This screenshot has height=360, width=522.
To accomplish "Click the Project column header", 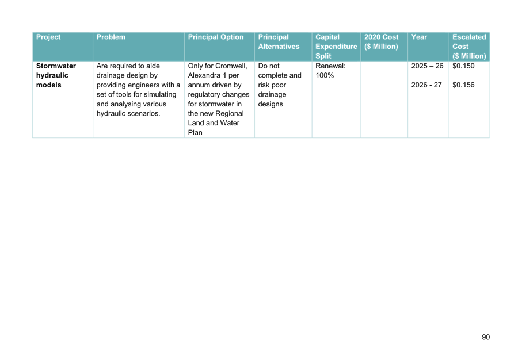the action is click(x=48, y=37).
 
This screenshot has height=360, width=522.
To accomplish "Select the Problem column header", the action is click(x=111, y=37).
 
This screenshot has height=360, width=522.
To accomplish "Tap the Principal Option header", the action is click(x=216, y=37).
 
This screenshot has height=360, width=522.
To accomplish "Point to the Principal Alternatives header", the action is click(x=279, y=41).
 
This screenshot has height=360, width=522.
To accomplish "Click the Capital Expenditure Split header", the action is click(x=336, y=46).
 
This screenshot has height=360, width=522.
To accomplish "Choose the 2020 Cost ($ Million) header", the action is click(x=381, y=41).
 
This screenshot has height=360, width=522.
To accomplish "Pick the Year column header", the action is click(x=419, y=37).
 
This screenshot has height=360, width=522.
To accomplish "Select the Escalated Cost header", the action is click(x=469, y=46).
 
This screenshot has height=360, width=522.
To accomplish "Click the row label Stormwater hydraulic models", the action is click(x=56, y=75).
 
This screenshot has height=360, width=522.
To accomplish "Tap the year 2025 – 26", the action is click(x=427, y=66).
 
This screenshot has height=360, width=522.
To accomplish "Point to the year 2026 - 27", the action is click(x=426, y=85).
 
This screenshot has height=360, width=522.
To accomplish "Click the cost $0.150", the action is click(x=463, y=66).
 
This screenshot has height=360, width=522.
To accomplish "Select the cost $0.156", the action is click(x=463, y=85).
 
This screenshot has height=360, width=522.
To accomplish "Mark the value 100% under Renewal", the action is click(x=325, y=75).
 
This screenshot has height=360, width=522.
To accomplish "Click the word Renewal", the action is click(x=330, y=66).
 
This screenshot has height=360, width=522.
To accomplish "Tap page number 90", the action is click(x=486, y=337).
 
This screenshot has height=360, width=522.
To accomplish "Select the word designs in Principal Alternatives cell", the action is click(x=270, y=104).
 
